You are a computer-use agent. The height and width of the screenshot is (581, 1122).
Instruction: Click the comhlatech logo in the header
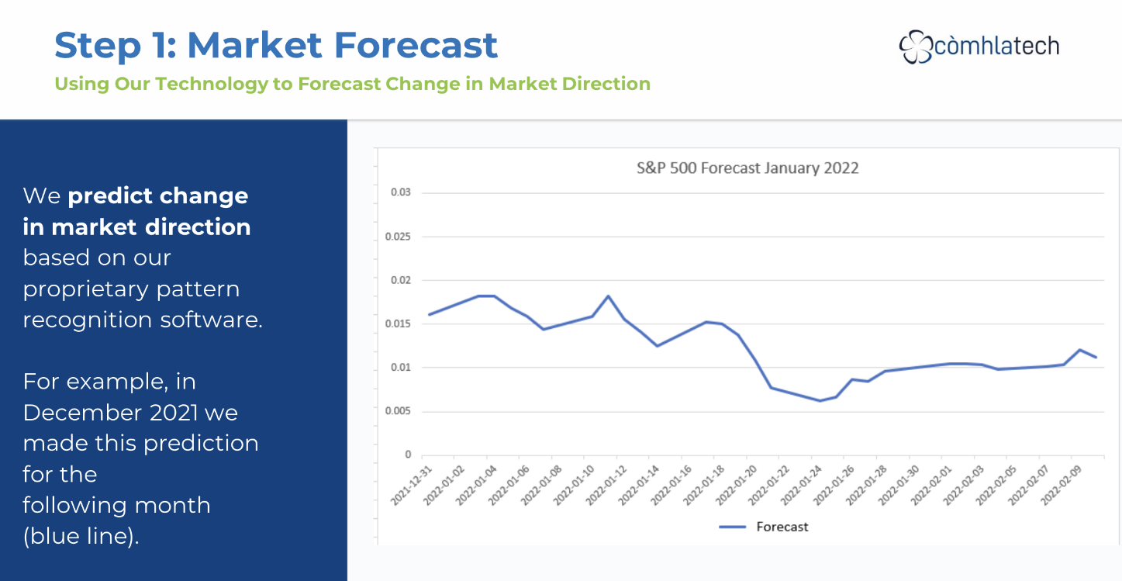979,47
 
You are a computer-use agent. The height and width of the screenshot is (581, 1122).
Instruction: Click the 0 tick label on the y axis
408,455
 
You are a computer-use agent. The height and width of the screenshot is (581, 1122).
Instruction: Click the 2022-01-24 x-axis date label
803,486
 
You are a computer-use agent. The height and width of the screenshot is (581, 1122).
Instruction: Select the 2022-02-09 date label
1063,486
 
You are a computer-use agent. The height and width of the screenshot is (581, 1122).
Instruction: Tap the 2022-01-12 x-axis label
607,486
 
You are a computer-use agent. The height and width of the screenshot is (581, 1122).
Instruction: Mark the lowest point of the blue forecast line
820,400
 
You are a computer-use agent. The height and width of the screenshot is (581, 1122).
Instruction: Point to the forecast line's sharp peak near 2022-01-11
608,296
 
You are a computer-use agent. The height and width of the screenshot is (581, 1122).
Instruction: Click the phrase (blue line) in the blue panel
81,536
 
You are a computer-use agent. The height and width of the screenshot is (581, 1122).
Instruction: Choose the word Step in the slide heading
87,46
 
